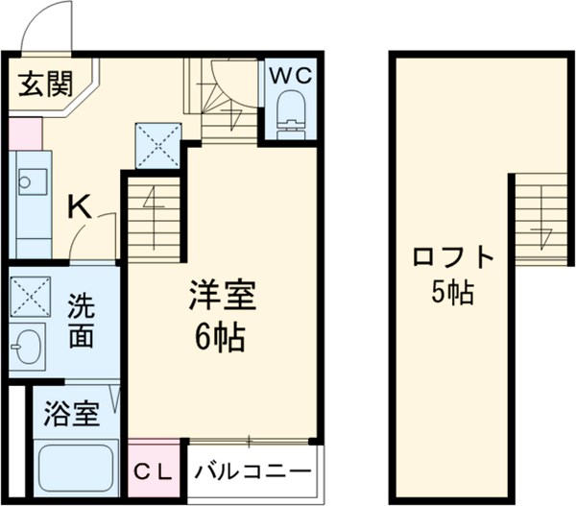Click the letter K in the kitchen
[x=79, y=205]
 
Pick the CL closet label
[x=154, y=471]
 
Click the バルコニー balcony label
[x=253, y=471]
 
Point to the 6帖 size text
[x=221, y=338]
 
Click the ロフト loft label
[x=452, y=259]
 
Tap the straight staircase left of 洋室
[x=151, y=221]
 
